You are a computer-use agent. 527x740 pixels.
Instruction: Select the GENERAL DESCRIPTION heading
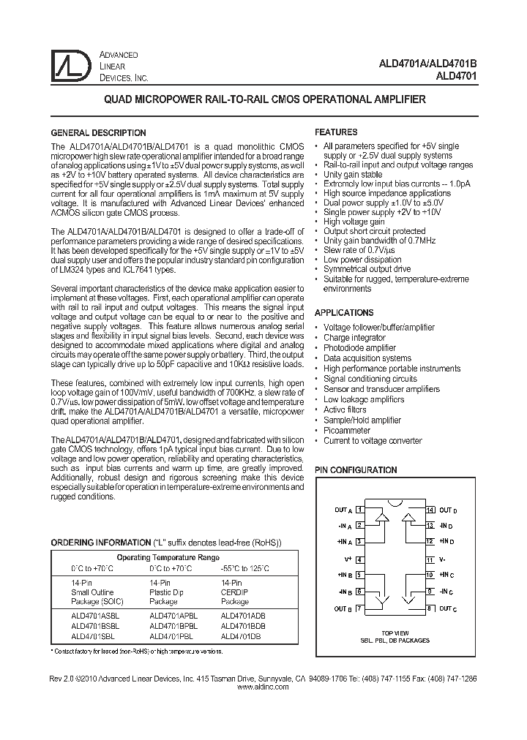pyautogui.click(x=97, y=133)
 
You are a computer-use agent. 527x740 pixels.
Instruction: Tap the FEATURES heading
pyautogui.click(x=336, y=132)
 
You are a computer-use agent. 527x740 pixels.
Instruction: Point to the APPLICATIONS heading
pyautogui.click(x=343, y=312)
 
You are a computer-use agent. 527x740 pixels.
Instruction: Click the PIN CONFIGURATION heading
pyautogui.click(x=356, y=470)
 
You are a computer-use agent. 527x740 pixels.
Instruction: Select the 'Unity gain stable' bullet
pyautogui.click(x=353, y=175)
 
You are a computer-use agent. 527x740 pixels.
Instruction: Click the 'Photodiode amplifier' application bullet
pyautogui.click(x=359, y=348)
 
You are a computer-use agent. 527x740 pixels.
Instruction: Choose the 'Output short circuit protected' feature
pyautogui.click(x=374, y=231)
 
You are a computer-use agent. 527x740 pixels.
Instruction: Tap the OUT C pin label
pyautogui.click(x=446, y=608)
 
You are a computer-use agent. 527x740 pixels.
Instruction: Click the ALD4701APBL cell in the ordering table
pyautogui.click(x=173, y=616)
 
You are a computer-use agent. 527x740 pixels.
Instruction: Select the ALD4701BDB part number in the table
pyautogui.click(x=243, y=626)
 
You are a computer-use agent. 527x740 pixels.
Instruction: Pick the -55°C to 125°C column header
pyautogui.click(x=244, y=568)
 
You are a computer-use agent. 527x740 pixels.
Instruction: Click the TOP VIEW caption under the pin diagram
pyautogui.click(x=395, y=633)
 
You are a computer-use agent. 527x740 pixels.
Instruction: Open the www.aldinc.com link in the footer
pyautogui.click(x=263, y=687)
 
